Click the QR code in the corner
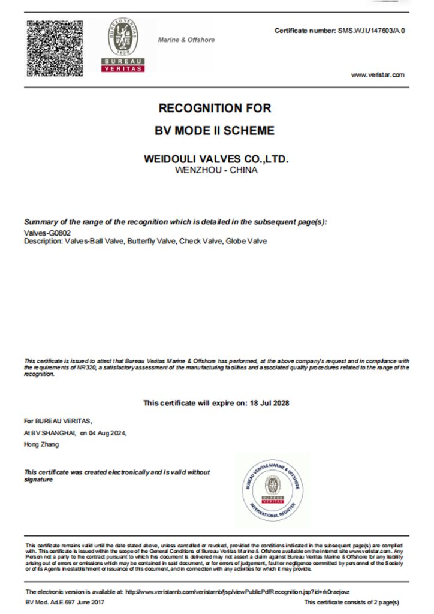coord(54,47)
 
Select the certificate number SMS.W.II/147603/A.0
coord(372,30)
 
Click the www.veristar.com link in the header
coord(378,74)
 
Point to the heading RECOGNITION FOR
coord(215,109)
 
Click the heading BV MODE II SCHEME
coord(215,130)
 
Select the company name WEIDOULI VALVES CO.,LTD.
coord(216,159)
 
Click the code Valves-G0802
coord(44,233)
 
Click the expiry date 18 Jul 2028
coord(269,403)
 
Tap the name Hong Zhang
coord(41,444)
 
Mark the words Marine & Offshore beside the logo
coord(186,40)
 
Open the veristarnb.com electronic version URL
coord(237,591)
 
